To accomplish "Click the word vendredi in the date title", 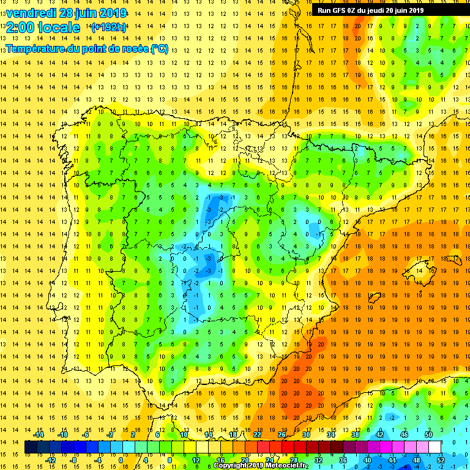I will coord(31,13).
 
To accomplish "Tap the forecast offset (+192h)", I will coord(108,27).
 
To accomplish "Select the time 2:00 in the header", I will coord(21,28).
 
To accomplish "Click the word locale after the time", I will coord(59,28).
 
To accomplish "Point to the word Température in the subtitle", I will coord(35,48).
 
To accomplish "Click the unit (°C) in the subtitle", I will coord(159,48).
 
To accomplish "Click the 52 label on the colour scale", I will coord(441,460).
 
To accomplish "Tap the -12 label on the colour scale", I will coord(50,460).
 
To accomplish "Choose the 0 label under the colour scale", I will coord(120,460).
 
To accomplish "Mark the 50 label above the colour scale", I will coord(428,434).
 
